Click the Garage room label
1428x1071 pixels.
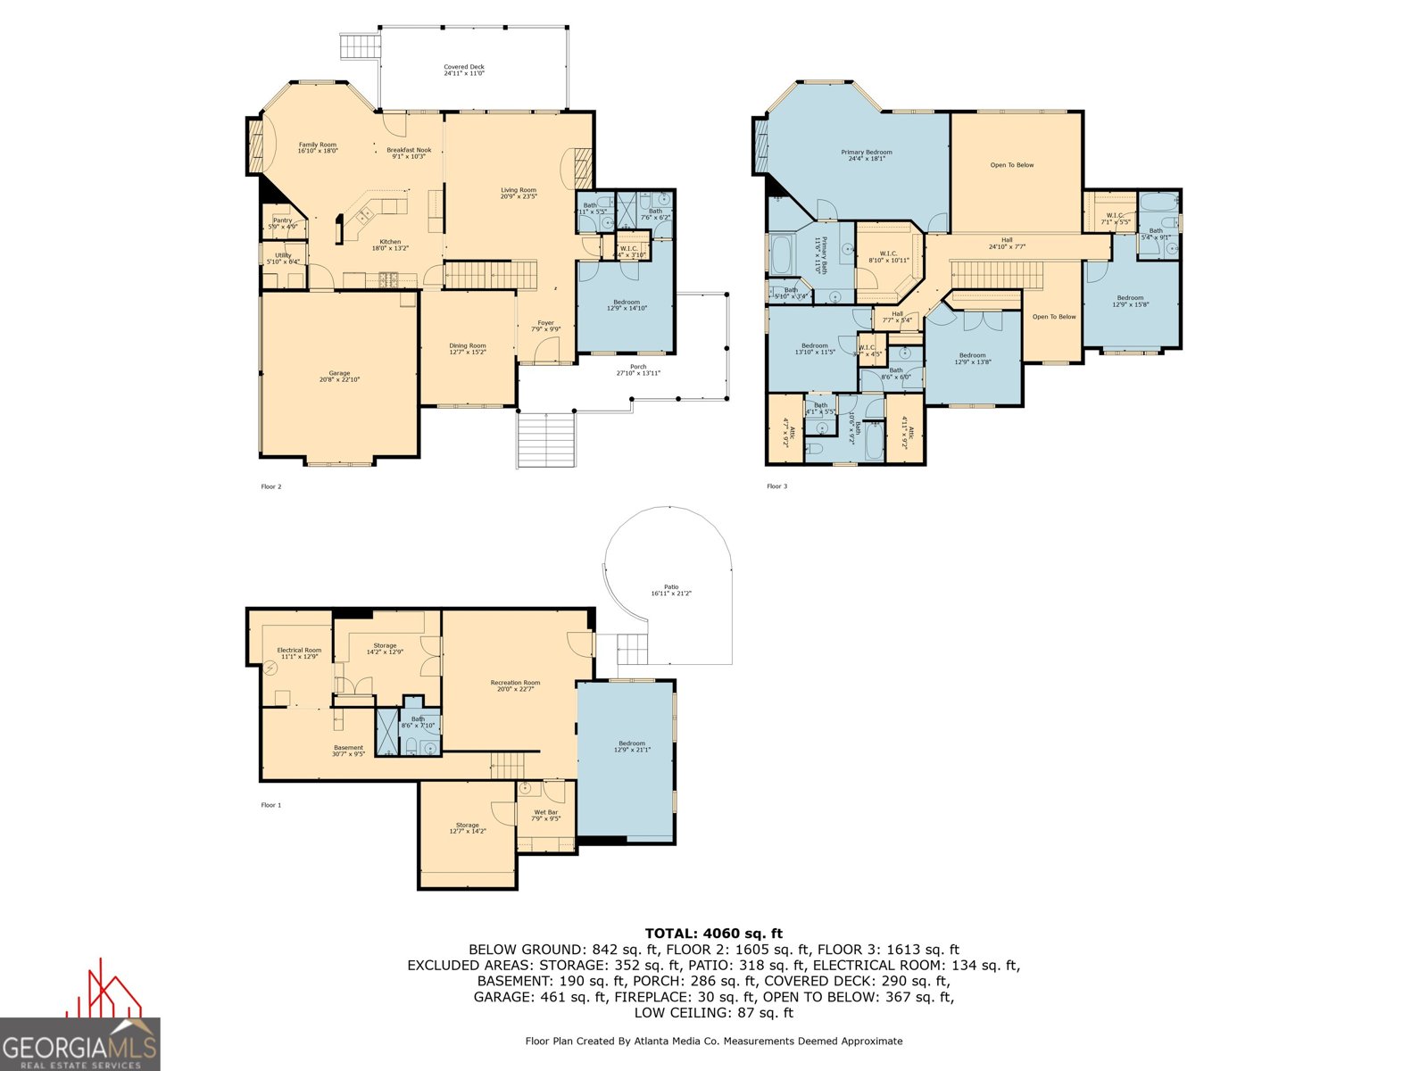click(339, 376)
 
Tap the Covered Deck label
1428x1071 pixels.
click(464, 70)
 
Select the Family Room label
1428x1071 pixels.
click(317, 147)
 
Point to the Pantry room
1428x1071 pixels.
click(283, 223)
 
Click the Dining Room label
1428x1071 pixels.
click(468, 348)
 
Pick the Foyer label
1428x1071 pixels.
click(545, 326)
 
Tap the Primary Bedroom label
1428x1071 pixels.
click(866, 155)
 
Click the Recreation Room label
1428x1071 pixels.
click(515, 685)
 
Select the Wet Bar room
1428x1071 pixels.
click(545, 815)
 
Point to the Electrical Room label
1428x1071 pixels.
click(299, 653)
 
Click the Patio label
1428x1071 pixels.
click(671, 590)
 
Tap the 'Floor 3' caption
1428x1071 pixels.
click(776, 486)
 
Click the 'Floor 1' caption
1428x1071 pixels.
click(270, 805)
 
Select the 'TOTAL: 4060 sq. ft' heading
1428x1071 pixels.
click(713, 934)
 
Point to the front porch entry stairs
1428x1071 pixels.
click(545, 440)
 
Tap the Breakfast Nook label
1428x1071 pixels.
click(409, 153)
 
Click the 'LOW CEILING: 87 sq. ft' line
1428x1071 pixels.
click(713, 1013)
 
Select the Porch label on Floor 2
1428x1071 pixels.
click(638, 369)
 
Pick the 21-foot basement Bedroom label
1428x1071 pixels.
click(632, 746)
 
